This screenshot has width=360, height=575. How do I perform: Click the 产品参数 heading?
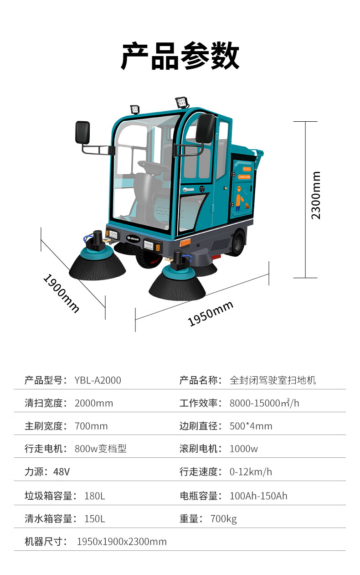click(180, 56)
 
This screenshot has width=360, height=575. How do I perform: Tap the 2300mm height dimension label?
click(316, 195)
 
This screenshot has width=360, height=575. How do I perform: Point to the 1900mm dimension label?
click(61, 293)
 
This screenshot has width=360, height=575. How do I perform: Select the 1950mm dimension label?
click(211, 313)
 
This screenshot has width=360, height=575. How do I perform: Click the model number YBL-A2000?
click(98, 380)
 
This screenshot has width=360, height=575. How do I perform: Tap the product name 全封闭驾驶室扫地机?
click(273, 380)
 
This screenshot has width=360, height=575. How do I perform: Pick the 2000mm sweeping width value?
click(94, 403)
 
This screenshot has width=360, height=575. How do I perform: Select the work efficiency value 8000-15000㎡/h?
click(264, 403)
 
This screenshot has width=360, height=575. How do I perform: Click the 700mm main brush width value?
click(91, 426)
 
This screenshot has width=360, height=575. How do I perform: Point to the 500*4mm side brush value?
click(251, 426)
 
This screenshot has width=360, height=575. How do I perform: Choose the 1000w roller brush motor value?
click(243, 449)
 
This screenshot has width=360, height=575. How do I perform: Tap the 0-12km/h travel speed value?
click(251, 472)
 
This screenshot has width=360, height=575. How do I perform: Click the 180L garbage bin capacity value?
click(95, 496)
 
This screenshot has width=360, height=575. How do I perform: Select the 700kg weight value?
click(223, 519)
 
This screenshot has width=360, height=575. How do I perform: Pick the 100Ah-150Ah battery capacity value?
click(258, 496)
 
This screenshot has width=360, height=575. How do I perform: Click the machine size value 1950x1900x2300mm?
click(122, 542)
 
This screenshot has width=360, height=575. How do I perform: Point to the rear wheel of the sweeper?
click(237, 243)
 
